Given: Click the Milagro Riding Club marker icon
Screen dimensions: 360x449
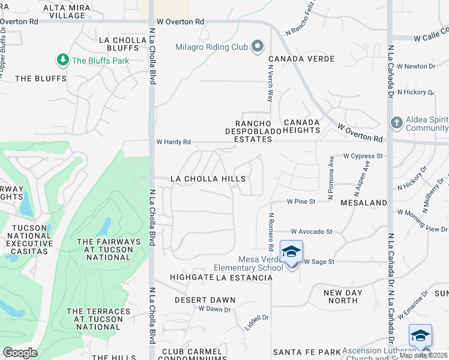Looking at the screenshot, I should tap(258, 47).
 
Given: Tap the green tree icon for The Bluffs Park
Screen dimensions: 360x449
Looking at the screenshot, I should tap(62, 60).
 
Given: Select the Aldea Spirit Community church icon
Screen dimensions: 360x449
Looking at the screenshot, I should tap(396, 123).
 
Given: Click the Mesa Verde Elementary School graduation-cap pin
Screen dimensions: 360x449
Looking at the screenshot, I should tap(291, 253).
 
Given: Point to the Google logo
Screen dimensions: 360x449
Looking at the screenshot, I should tap(20, 352).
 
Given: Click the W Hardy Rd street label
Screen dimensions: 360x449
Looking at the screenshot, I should tap(173, 142).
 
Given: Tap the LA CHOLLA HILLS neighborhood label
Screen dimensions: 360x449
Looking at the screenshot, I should tap(208, 179).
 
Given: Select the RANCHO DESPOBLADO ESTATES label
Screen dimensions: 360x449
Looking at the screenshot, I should tap(253, 131).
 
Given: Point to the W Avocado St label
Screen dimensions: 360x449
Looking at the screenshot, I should tap(312, 232).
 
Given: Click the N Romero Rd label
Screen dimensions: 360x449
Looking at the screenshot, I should tap(271, 231).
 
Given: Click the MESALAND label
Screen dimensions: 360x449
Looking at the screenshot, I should tap(364, 203).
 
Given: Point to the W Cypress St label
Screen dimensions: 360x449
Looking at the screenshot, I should tap(363, 156).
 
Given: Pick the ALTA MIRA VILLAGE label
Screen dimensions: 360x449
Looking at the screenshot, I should tap(67, 11).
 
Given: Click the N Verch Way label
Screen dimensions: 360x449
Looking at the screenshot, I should tap(270, 84).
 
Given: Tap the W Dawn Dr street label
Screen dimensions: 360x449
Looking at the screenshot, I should tap(214, 310).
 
